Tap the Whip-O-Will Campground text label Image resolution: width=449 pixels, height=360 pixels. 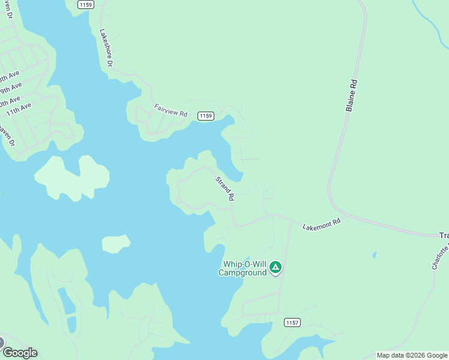244,268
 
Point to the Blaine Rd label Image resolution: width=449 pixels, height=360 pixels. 352,96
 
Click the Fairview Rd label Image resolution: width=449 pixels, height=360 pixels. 171,110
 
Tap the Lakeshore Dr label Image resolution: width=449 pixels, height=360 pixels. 106,47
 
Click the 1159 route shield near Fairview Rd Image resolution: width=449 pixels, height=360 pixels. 206,116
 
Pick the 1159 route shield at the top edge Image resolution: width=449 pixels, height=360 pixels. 85,4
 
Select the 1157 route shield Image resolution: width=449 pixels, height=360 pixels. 292,323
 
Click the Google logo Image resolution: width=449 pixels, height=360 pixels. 20,353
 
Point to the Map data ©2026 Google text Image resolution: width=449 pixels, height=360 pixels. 412,355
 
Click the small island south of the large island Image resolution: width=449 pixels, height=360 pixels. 116,244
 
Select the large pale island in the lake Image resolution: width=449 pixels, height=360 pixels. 72,178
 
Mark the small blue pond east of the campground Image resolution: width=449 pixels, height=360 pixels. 374,255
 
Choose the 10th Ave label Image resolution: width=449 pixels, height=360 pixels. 8,100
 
